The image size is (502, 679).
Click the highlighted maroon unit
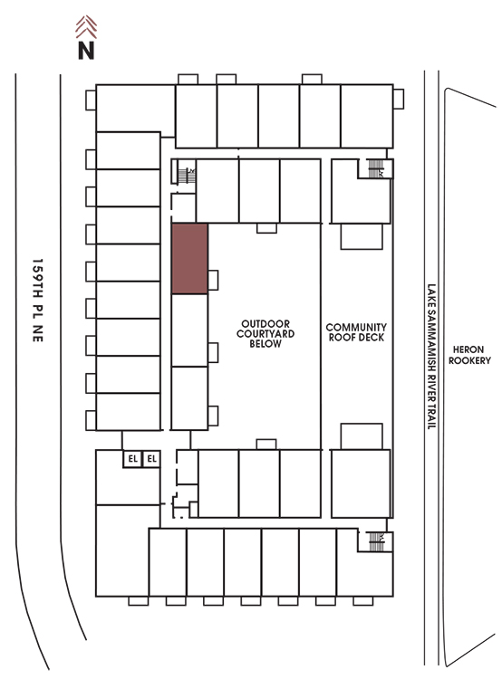(x=190, y=259)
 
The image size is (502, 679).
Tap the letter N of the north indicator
(x=86, y=50)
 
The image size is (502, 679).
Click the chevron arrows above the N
(x=86, y=27)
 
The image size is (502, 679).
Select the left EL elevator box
(x=132, y=459)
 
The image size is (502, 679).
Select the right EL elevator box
(x=151, y=459)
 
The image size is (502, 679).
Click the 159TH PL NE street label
(x=38, y=301)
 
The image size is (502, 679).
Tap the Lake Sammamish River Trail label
(x=431, y=357)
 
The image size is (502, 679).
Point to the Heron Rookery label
(x=469, y=355)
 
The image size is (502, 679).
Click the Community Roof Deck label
(x=356, y=332)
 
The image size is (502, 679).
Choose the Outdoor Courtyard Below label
(x=265, y=333)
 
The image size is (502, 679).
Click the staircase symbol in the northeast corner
(x=376, y=168)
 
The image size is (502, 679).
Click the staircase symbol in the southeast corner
(x=376, y=541)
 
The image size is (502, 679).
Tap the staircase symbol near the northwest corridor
(x=187, y=175)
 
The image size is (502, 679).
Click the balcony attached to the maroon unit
(x=213, y=280)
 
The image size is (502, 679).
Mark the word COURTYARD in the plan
(x=265, y=334)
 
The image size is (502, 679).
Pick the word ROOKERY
(x=469, y=360)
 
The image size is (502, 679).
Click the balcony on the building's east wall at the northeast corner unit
(x=399, y=100)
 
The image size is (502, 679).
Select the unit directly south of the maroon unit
(x=189, y=330)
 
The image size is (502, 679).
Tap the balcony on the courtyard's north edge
(x=266, y=228)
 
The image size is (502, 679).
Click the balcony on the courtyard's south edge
(x=266, y=445)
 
